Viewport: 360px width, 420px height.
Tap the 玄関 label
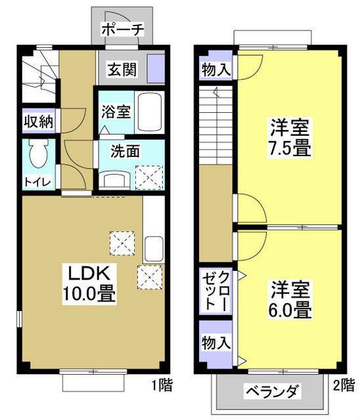click(122, 68)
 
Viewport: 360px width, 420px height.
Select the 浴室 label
click(115, 112)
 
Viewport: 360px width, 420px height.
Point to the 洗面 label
click(125, 151)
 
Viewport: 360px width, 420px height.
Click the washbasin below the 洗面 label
click(117, 178)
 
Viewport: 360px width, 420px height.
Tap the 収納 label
click(39, 121)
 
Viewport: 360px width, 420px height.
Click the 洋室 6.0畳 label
click(290, 299)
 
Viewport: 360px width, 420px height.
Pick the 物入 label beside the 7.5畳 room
click(216, 69)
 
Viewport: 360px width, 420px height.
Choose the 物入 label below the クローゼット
click(215, 342)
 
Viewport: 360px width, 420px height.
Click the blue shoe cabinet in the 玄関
click(156, 68)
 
